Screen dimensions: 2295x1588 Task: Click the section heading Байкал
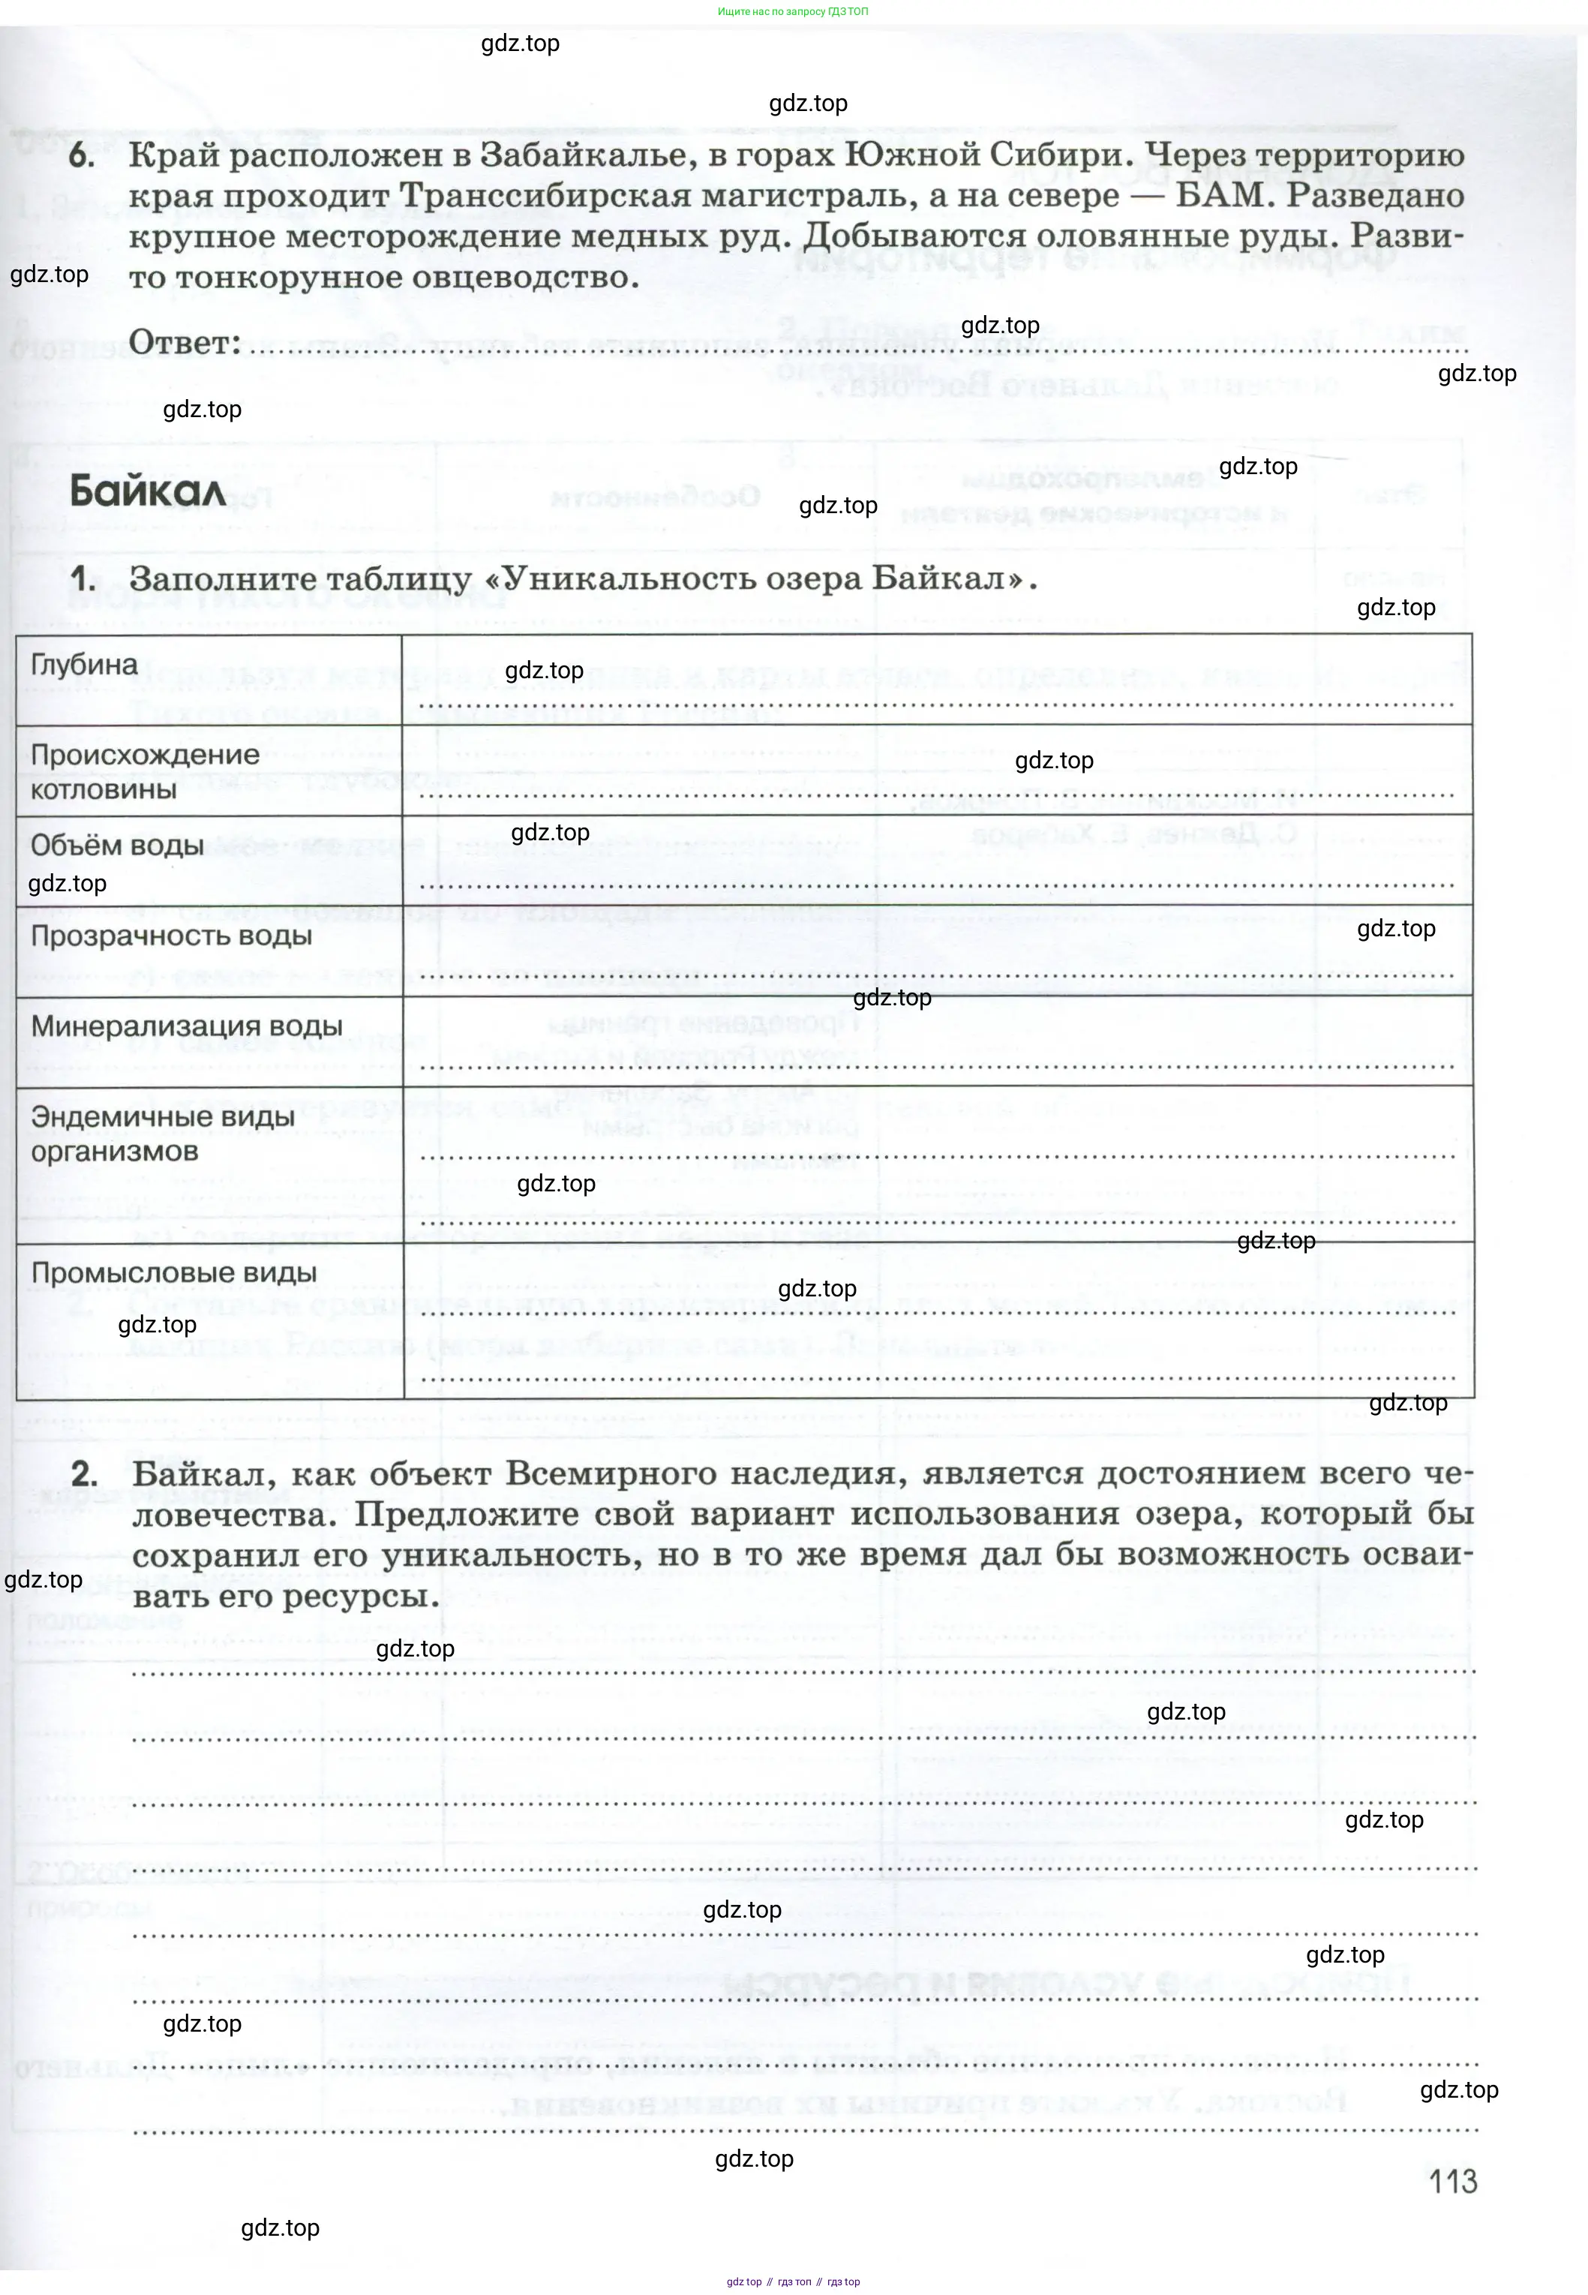[x=147, y=491]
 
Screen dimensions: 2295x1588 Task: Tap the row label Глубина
[x=85, y=665]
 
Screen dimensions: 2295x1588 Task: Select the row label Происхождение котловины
[x=144, y=772]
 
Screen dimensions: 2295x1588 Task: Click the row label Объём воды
[x=118, y=846]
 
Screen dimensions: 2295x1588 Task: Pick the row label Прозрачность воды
[x=171, y=936]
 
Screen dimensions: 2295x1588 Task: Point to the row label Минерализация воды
[x=186, y=1027]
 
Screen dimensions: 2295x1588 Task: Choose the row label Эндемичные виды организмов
[x=162, y=1134]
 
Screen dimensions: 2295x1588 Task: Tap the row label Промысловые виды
[x=174, y=1273]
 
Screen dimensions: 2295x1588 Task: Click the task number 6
[x=82, y=156]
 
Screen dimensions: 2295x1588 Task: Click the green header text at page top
[x=793, y=12]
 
